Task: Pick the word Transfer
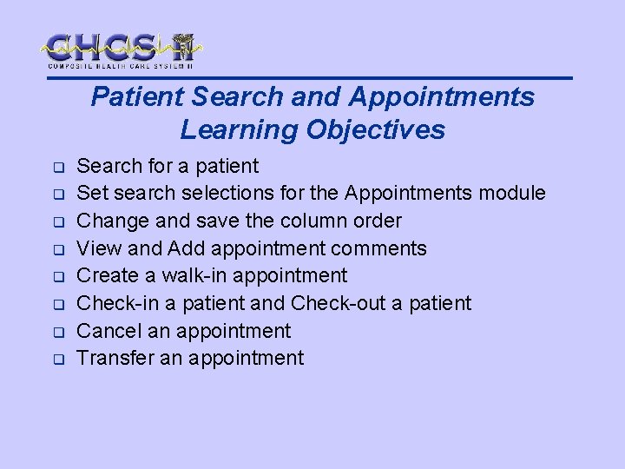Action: (114, 358)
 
